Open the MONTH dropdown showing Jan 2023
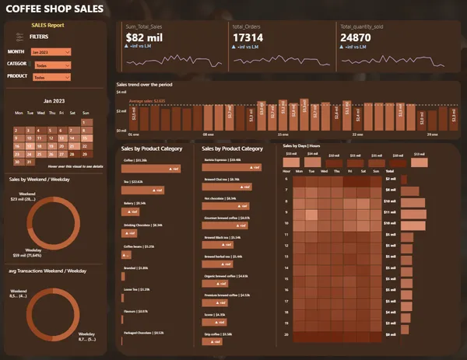tap(51, 51)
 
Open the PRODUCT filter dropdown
tap(51, 78)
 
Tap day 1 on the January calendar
tap(86, 121)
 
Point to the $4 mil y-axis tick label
tap(121, 93)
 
